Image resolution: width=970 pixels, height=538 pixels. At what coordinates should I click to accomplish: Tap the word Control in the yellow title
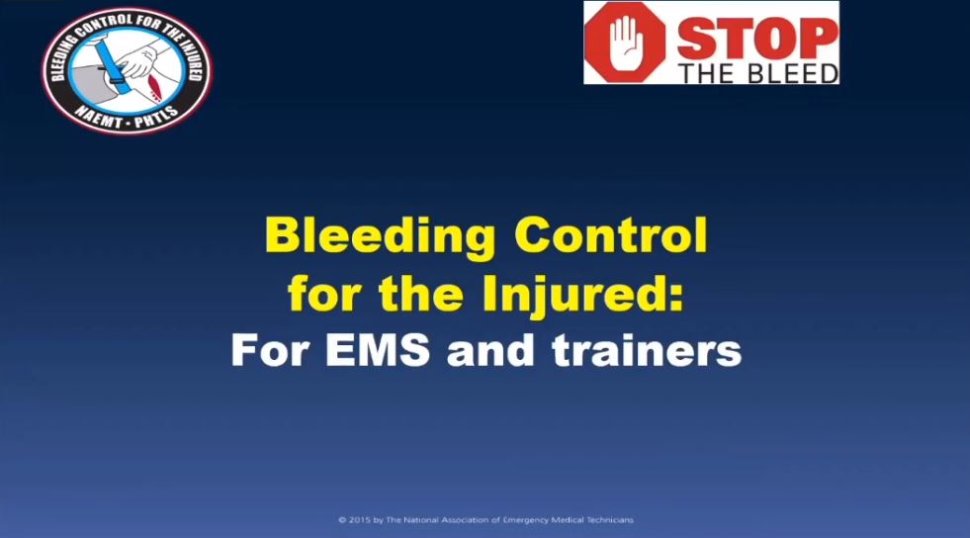611,234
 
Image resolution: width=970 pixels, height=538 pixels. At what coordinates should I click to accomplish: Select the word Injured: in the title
582,295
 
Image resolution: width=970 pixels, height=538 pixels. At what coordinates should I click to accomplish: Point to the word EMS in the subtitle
378,350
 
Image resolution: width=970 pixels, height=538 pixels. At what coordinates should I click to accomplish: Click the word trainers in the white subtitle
647,350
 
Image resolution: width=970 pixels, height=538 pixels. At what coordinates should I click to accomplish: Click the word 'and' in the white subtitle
490,350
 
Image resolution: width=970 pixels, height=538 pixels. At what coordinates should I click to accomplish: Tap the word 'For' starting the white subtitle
270,350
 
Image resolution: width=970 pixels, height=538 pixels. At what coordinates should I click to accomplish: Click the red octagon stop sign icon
625,43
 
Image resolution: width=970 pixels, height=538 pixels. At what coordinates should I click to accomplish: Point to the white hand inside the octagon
624,43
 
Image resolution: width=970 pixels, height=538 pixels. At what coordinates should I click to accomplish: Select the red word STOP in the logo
757,39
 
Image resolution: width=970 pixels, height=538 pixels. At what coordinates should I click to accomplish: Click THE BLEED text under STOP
758,73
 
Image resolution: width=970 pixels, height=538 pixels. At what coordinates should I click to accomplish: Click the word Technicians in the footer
611,520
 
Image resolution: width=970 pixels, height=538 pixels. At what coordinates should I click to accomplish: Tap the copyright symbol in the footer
342,520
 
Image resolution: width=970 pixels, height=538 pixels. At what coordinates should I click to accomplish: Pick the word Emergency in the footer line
525,520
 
